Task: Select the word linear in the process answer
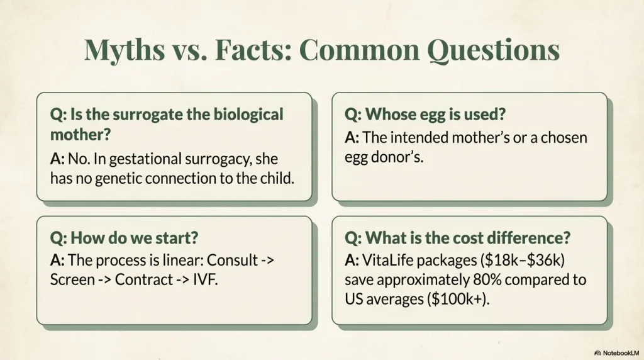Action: point(179,260)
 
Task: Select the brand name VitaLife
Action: point(390,260)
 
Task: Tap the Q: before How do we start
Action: point(58,239)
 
